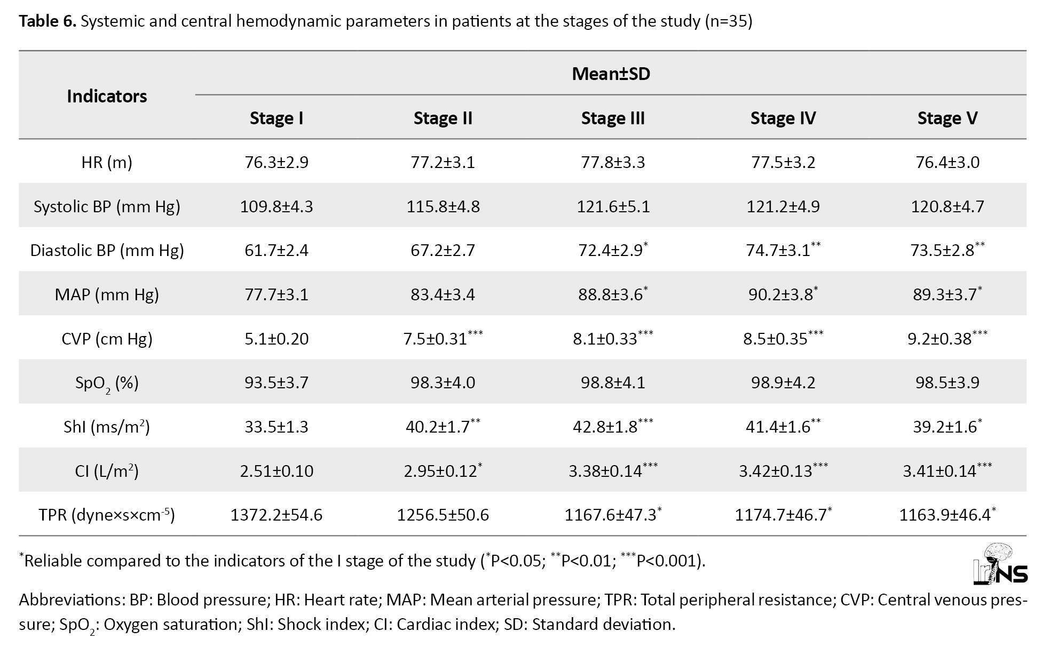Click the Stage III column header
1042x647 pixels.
click(613, 118)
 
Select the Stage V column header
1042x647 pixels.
click(948, 118)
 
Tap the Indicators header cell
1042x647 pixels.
click(107, 96)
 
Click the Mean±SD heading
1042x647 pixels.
click(611, 74)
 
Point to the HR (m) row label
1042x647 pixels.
click(107, 162)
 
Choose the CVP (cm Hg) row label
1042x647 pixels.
click(107, 339)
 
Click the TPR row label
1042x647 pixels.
click(107, 515)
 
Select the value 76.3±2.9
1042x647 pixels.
click(277, 162)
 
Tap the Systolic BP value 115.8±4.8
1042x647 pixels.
click(443, 206)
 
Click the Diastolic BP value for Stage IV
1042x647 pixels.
click(783, 250)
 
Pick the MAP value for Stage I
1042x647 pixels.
click(277, 294)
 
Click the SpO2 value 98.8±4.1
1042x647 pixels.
click(613, 382)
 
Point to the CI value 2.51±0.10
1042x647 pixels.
click(277, 471)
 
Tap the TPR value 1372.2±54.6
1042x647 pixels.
click(277, 515)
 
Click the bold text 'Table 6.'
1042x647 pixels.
click(48, 21)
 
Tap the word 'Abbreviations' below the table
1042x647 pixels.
click(72, 600)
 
